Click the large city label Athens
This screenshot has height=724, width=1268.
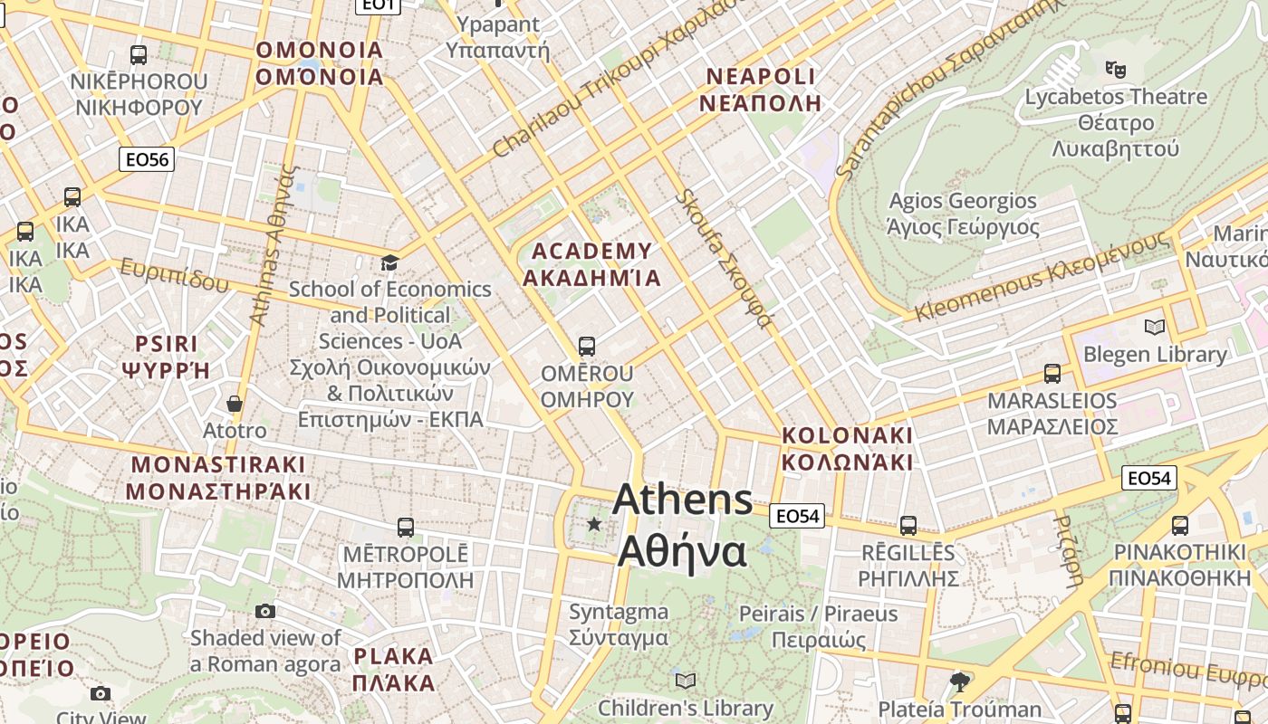pyautogui.click(x=683, y=500)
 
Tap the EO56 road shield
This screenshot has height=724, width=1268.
pyautogui.click(x=147, y=160)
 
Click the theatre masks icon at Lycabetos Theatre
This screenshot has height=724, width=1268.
pyautogui.click(x=1115, y=68)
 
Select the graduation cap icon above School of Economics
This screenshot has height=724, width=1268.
pyautogui.click(x=389, y=263)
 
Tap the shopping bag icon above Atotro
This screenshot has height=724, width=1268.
pyautogui.click(x=235, y=404)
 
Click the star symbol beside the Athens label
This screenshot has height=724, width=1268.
pyautogui.click(x=594, y=524)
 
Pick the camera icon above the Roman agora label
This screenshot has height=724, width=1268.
pyautogui.click(x=264, y=612)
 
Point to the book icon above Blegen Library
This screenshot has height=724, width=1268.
pyautogui.click(x=1154, y=327)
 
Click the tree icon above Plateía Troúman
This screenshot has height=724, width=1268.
pyautogui.click(x=959, y=681)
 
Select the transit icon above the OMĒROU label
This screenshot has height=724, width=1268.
pyautogui.click(x=587, y=347)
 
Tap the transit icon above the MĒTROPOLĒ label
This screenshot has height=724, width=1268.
pyautogui.click(x=406, y=527)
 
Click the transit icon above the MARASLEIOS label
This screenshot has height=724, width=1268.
pyautogui.click(x=1052, y=373)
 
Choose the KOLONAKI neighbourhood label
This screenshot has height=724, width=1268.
pyautogui.click(x=847, y=435)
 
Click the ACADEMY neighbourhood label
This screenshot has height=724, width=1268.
pyautogui.click(x=592, y=251)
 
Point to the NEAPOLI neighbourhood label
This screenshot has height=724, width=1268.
pyautogui.click(x=760, y=76)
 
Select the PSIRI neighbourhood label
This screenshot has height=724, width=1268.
pyautogui.click(x=166, y=344)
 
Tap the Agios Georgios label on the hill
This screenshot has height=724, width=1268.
pyautogui.click(x=962, y=201)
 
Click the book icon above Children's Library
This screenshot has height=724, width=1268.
pyautogui.click(x=686, y=681)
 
